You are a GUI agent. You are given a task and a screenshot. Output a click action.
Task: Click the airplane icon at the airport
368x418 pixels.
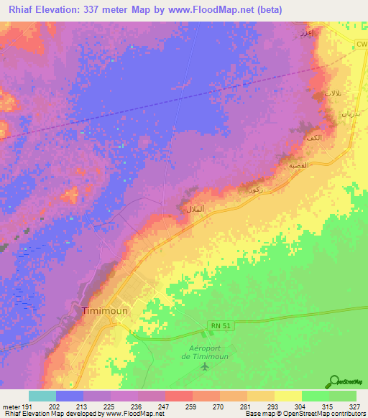click(x=206, y=367)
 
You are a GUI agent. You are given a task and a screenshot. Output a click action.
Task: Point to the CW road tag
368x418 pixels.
click(x=360, y=45)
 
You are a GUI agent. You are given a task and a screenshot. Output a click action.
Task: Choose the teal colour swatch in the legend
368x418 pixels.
click(x=42, y=396)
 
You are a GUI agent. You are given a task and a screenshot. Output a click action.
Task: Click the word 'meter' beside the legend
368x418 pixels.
click(x=11, y=407)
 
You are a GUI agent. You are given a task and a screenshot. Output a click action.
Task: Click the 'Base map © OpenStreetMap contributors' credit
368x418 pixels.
click(x=305, y=414)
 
